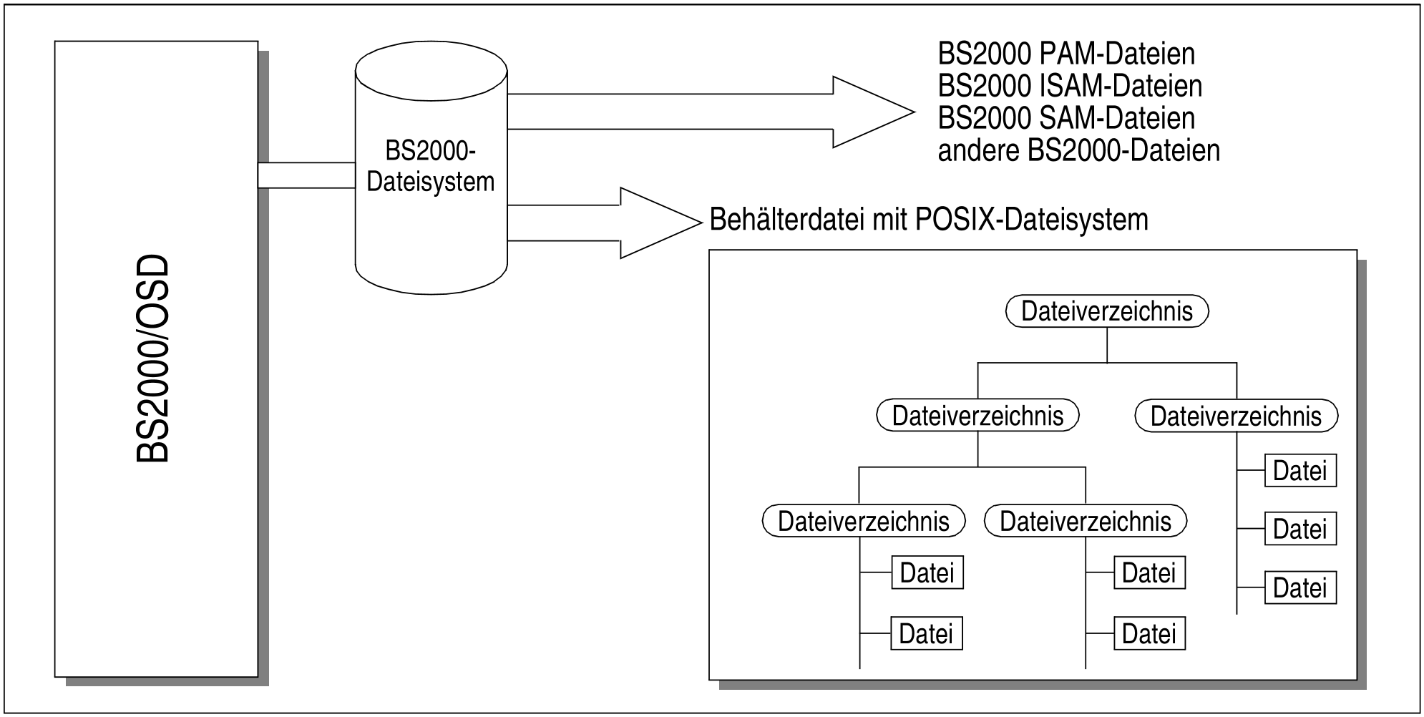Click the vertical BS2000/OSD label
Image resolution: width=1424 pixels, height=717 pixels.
click(x=152, y=359)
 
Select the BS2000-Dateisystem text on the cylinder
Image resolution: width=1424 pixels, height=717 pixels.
click(x=431, y=167)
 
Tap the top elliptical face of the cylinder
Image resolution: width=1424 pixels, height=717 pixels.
click(x=431, y=71)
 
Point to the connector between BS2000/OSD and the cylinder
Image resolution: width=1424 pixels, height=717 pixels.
click(x=306, y=175)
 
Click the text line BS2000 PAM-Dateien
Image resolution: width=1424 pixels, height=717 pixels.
click(x=1066, y=54)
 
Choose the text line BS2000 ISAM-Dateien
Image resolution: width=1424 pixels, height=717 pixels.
click(x=1070, y=86)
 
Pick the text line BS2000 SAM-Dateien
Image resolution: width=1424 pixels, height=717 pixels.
click(x=1066, y=118)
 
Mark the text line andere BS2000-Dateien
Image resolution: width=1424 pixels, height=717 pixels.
click(x=1078, y=151)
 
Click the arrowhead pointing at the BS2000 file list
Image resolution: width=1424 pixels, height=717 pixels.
click(x=873, y=112)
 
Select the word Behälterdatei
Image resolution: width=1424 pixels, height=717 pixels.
click(x=787, y=220)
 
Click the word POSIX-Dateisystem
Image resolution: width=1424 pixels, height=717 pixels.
click(x=1032, y=220)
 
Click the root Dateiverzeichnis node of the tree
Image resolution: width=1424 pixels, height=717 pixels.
click(x=1107, y=311)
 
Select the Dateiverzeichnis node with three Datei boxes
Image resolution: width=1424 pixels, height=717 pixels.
click(x=1236, y=416)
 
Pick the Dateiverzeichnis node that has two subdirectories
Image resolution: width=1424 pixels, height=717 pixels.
click(x=977, y=416)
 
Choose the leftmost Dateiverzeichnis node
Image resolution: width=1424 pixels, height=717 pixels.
click(x=863, y=522)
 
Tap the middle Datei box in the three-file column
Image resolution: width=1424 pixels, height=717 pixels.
click(x=1300, y=530)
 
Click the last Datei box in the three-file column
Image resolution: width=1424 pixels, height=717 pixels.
click(x=1300, y=588)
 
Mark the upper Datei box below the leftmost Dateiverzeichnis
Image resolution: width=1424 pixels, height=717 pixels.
click(x=927, y=573)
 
